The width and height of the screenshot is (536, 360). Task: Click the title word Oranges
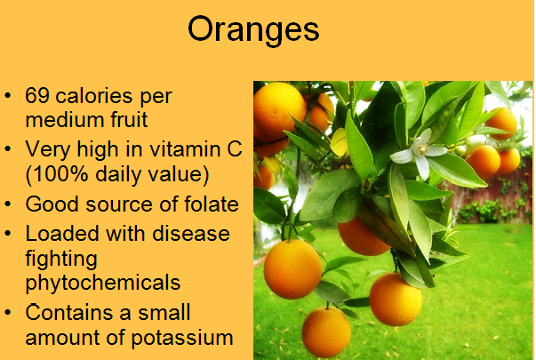(x=253, y=30)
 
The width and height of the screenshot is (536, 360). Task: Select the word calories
(x=94, y=95)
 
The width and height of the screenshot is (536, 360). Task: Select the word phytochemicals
(x=103, y=284)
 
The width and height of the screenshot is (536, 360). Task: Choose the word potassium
(x=182, y=339)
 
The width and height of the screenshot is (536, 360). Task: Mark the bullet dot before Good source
(x=7, y=204)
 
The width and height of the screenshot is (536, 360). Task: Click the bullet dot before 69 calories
(x=7, y=96)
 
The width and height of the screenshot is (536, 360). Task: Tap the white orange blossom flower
(x=419, y=154)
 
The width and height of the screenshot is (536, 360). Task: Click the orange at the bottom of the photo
(x=326, y=332)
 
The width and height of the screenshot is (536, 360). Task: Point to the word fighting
(x=61, y=260)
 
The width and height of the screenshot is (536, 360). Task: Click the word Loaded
(x=62, y=234)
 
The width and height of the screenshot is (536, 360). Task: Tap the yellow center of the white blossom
(x=422, y=149)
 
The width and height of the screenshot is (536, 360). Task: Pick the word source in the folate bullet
(x=120, y=204)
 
